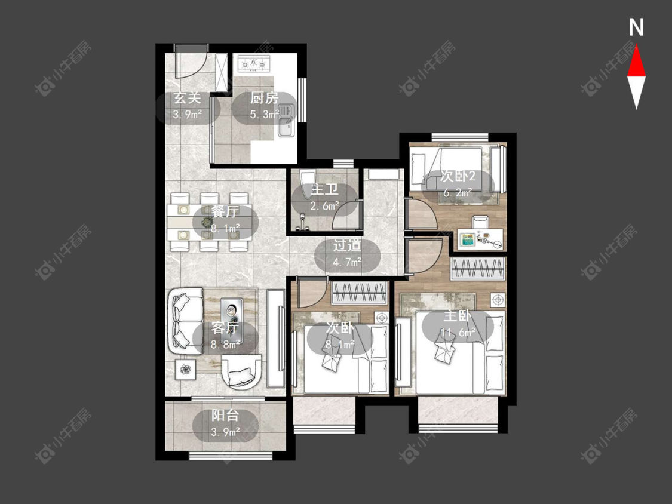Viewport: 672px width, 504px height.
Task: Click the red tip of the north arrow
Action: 636,47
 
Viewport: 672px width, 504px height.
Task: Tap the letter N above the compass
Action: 636,27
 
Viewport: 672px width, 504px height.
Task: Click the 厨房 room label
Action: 264,98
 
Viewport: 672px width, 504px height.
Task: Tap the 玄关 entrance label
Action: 188,98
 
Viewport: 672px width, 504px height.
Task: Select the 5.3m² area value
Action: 265,115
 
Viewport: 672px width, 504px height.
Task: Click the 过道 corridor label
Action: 348,245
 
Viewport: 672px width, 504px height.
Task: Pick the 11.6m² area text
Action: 458,332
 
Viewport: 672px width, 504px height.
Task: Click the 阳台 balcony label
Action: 225,415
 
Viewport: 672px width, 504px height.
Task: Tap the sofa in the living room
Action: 185,321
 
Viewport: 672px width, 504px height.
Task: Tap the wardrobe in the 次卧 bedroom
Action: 359,293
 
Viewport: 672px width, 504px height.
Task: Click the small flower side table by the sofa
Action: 186,369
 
